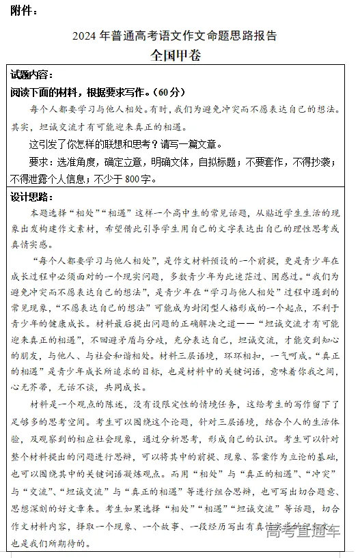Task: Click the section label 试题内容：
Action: [32, 75]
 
